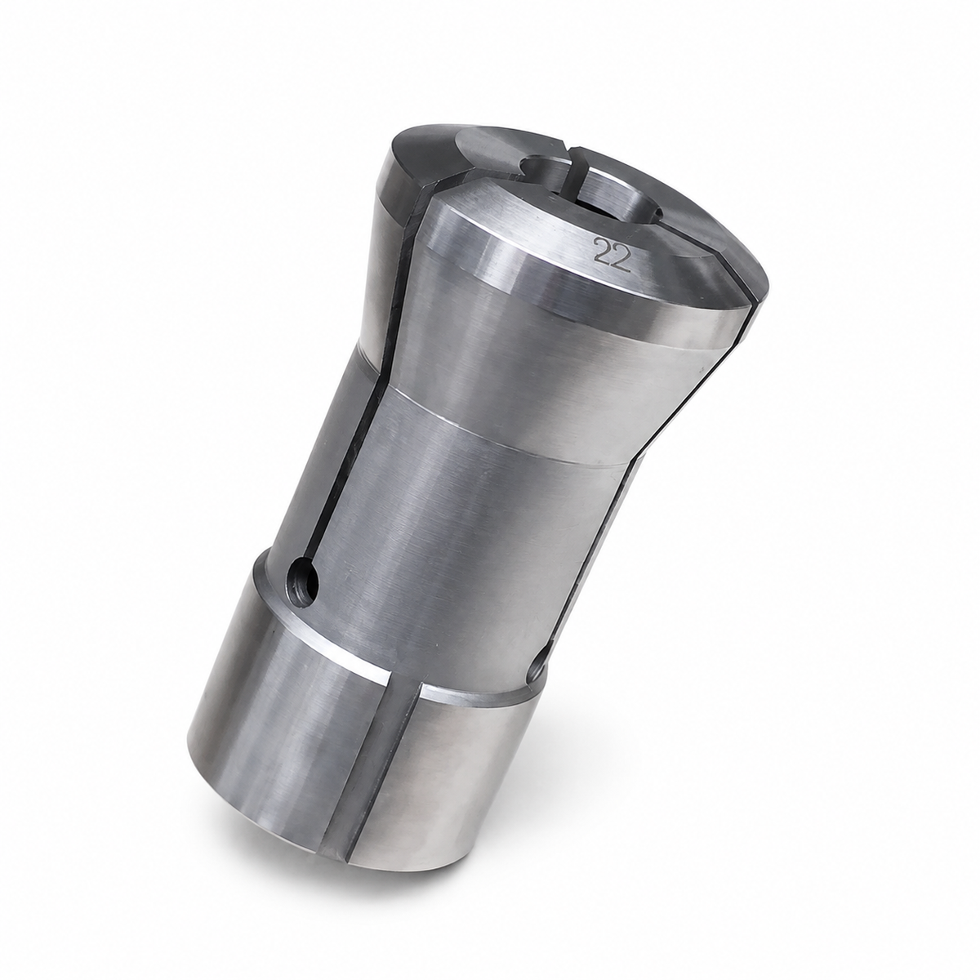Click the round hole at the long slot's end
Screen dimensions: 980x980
tap(303, 582)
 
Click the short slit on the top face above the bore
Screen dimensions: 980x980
tap(572, 168)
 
